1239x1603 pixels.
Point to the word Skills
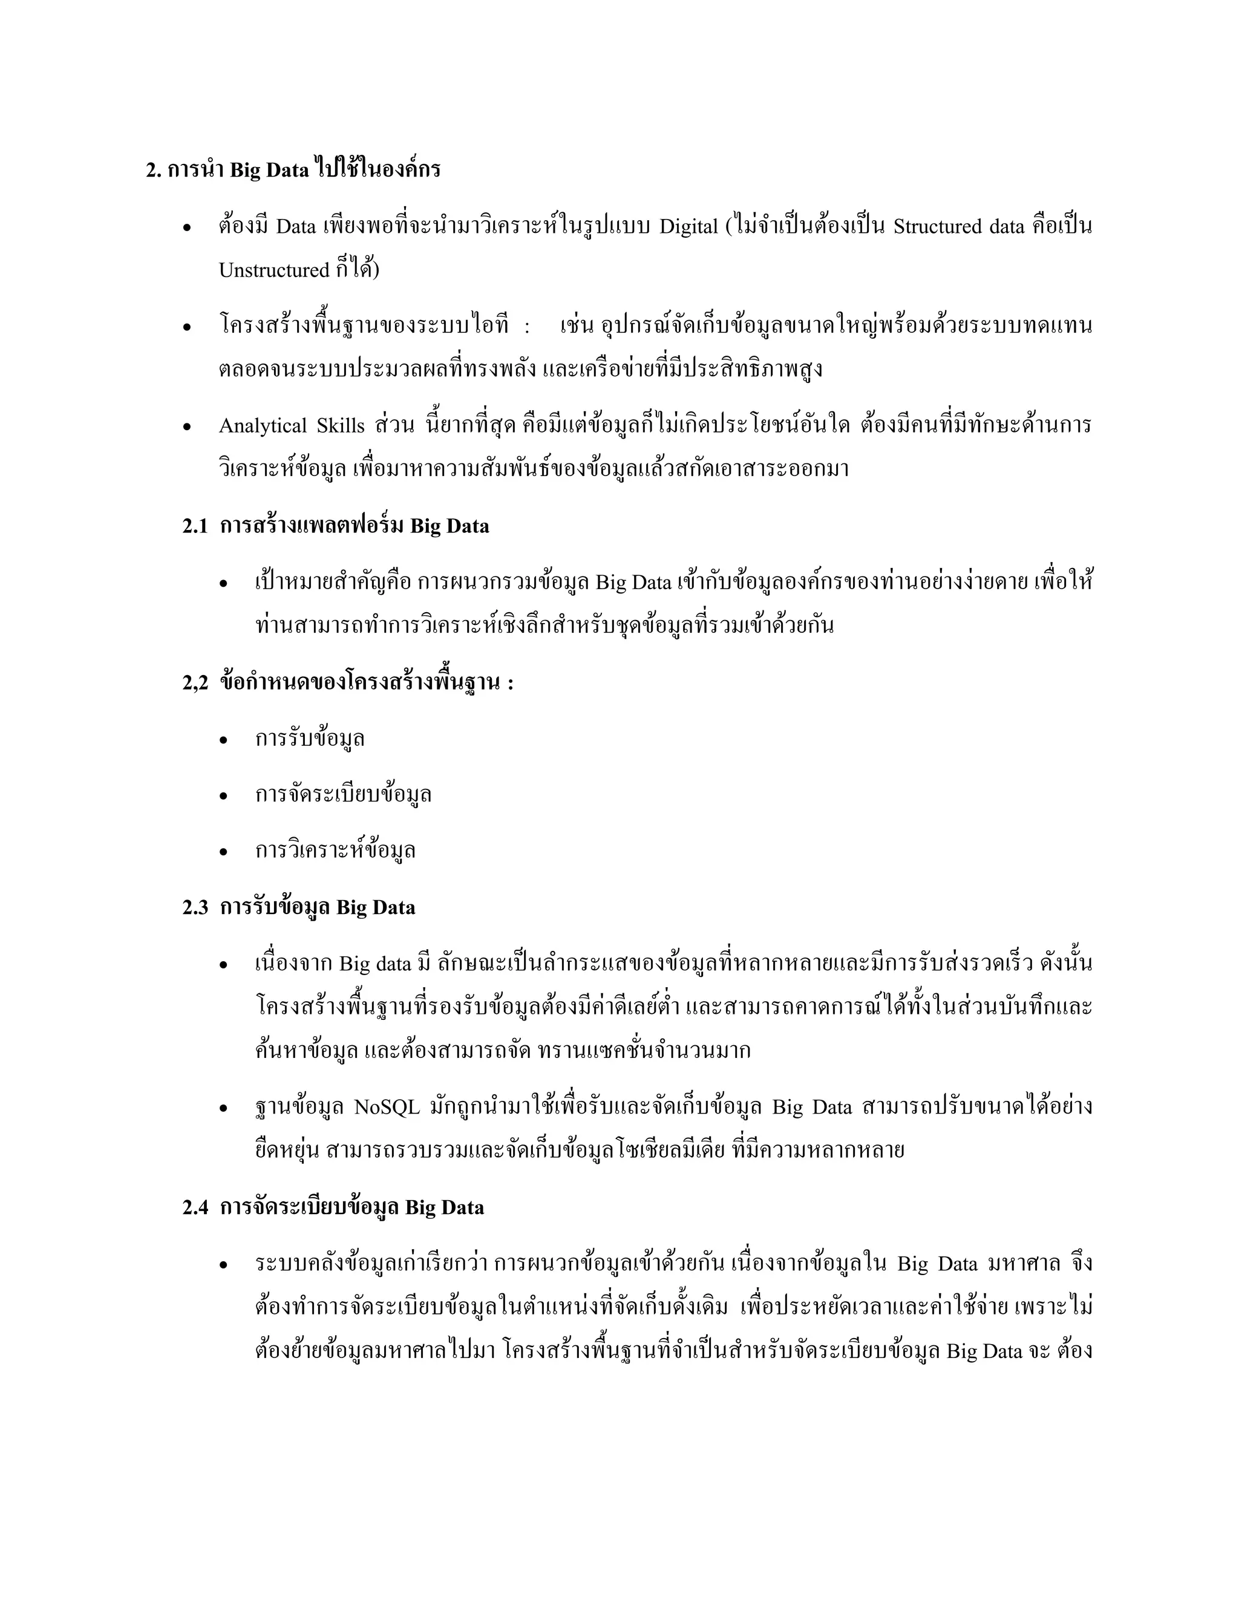[341, 426]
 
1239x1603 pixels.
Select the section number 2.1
[195, 526]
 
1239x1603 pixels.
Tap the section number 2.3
[195, 907]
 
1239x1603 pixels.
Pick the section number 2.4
[195, 1208]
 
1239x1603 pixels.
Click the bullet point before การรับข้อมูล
[224, 740]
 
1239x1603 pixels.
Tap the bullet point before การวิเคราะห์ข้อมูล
[224, 852]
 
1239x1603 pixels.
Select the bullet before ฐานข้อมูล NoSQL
[224, 1108]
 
